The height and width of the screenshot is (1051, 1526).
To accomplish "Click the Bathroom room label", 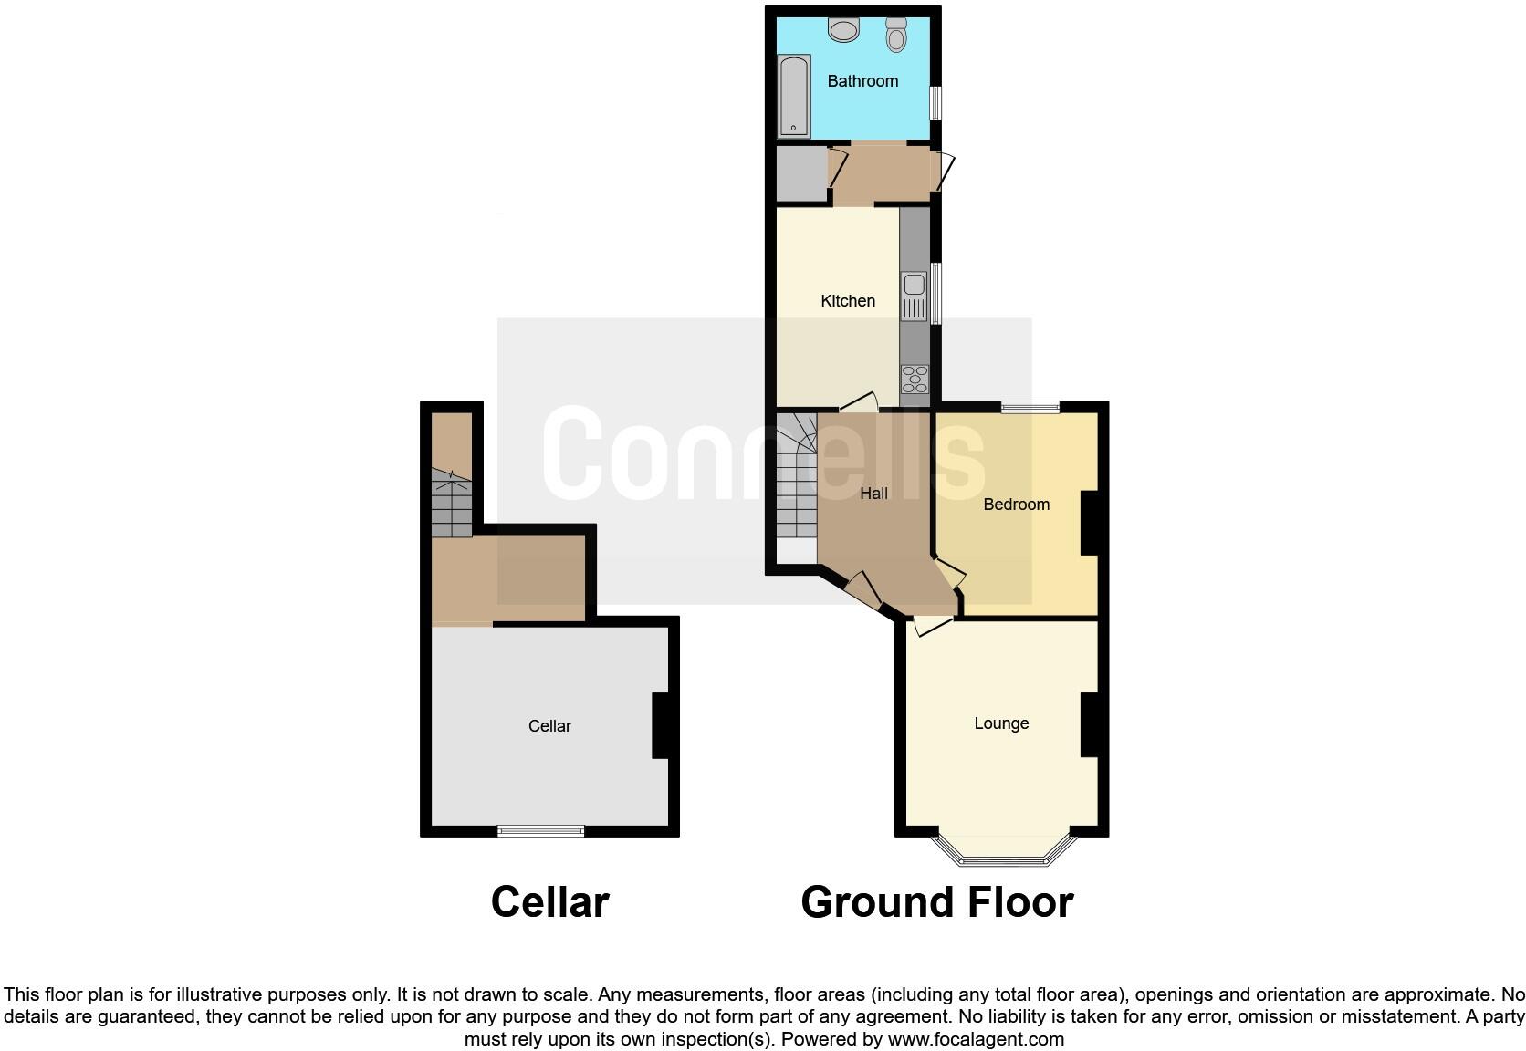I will [862, 81].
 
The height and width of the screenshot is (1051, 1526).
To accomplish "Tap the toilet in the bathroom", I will [896, 35].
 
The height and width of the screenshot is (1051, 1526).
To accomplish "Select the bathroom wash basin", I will [844, 29].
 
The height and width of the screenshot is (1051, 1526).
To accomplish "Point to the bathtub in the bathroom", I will [793, 96].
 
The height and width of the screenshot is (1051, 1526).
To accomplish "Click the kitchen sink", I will [914, 297].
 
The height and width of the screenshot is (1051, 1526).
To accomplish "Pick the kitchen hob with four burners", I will [915, 379].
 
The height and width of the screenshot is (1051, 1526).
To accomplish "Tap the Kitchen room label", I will [848, 301].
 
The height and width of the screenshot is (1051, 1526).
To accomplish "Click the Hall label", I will [873, 494].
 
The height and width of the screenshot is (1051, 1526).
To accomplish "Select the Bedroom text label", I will [1016, 505].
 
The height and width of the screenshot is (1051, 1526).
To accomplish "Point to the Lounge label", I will [1001, 723].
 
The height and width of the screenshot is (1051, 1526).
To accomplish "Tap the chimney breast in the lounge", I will [1089, 725].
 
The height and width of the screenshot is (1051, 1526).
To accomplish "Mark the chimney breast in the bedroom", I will [1089, 523].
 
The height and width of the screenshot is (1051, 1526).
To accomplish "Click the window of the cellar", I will [540, 830].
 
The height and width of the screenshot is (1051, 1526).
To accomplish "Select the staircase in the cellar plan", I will [451, 504].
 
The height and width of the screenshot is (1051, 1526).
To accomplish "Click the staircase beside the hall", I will [795, 479].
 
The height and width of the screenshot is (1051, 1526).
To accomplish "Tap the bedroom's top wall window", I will [1030, 408].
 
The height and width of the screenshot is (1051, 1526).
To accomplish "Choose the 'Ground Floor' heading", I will [936, 902].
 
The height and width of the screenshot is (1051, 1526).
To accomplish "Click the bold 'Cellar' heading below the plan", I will [549, 902].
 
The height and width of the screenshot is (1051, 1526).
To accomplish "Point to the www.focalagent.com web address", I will [976, 1038].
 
